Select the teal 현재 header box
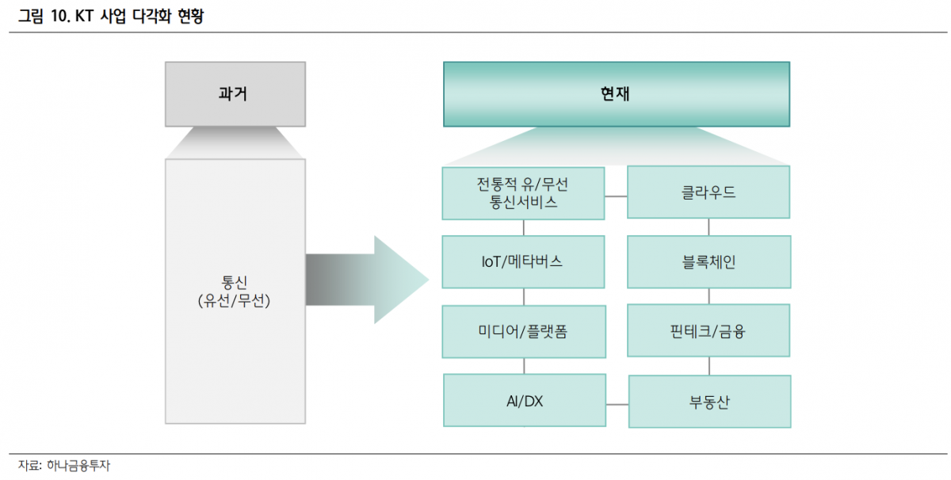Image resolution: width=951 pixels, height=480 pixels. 616,93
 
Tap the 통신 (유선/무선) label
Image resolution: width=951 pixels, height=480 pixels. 235,291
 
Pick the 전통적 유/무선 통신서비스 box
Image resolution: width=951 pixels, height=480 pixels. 522,192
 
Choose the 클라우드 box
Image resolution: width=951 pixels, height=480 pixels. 708,192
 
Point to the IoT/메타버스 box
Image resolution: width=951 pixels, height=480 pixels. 522,261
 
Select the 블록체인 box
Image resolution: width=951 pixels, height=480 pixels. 708,261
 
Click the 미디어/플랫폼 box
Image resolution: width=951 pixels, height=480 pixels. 522,331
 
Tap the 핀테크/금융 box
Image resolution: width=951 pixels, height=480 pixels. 708,331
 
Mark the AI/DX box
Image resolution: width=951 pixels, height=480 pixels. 524,402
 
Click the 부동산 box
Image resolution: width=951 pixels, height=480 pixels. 709,402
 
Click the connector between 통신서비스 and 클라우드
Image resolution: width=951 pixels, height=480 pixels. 615,194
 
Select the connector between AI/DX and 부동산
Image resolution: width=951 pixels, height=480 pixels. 616,403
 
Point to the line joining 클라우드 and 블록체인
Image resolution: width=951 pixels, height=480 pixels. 708,227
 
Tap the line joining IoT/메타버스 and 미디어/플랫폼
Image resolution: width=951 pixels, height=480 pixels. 523,296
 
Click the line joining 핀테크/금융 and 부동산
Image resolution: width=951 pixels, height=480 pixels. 709,366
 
